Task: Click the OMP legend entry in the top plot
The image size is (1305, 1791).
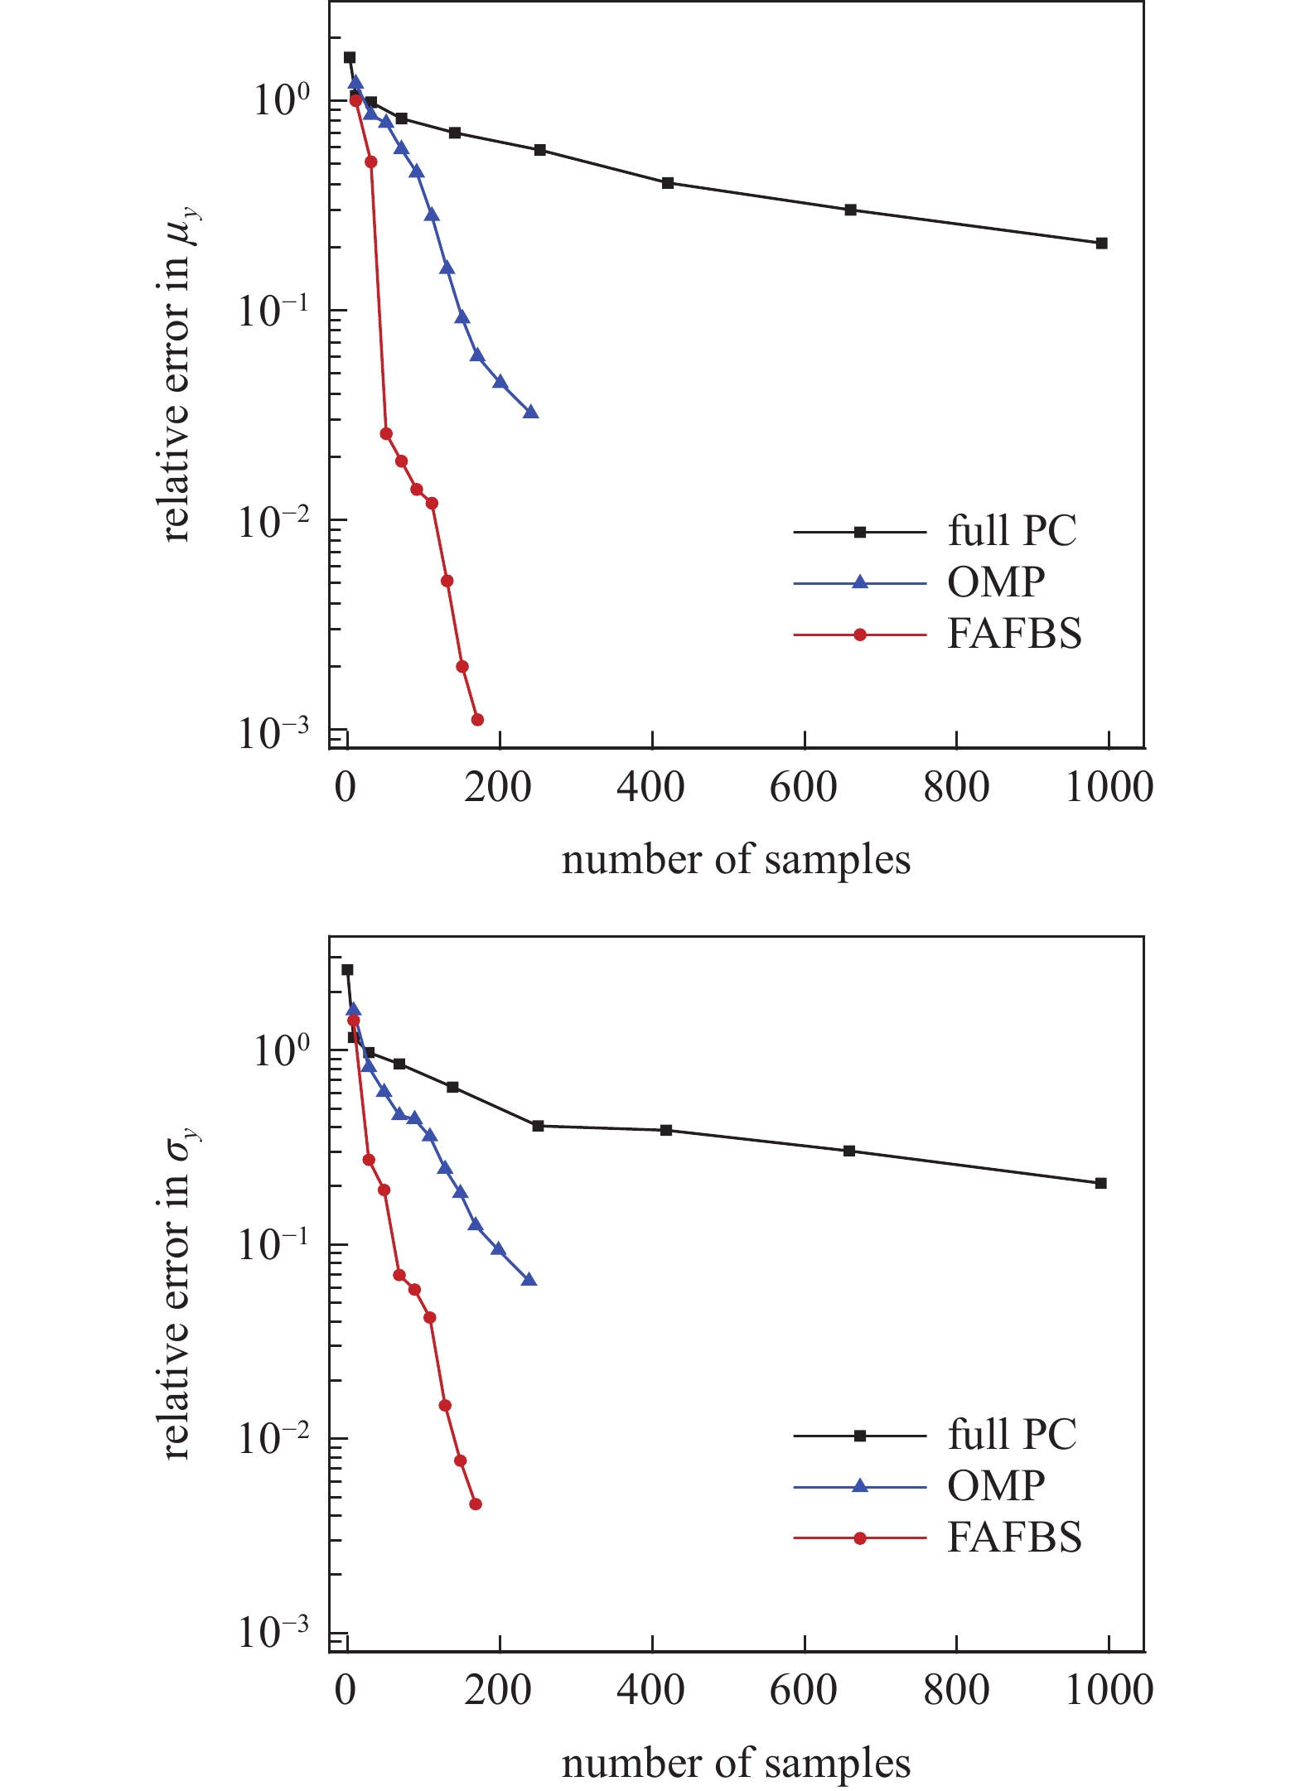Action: click(995, 582)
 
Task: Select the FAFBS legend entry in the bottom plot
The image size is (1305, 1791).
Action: click(1014, 1538)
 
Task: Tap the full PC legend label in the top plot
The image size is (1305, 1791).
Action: click(1012, 531)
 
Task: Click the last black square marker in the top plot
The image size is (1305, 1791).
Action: click(1101, 243)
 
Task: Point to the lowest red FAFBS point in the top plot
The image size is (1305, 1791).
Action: click(477, 719)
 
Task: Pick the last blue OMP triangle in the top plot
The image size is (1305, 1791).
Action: click(531, 412)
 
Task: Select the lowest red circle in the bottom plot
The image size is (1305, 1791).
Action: click(476, 1504)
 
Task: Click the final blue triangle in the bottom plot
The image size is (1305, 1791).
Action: click(529, 1280)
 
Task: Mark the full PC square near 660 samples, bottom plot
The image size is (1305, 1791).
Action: click(849, 1151)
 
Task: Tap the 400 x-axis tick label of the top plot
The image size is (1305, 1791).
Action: click(651, 787)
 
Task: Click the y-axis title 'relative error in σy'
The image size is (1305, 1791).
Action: click(180, 1293)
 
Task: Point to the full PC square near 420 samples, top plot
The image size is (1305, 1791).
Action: click(668, 182)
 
